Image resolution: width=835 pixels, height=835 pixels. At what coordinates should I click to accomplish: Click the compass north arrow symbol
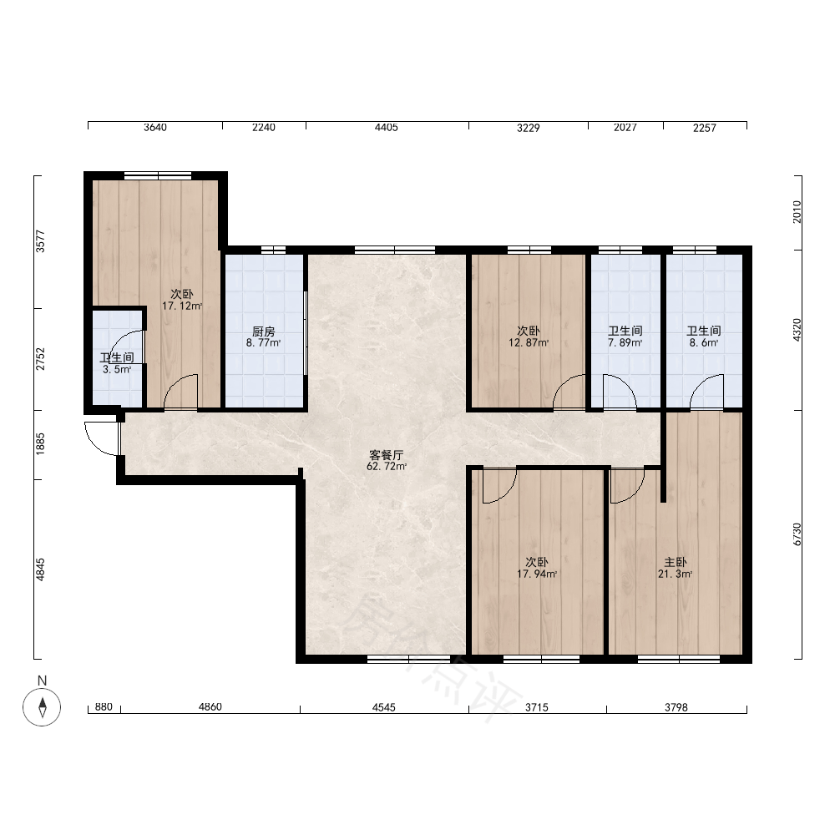pos(42,707)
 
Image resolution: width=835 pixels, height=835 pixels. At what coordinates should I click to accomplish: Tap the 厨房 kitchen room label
pos(264,331)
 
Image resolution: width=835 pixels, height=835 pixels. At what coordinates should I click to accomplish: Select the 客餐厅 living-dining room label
pos(387,455)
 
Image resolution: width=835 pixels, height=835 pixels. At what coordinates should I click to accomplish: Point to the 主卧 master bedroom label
pos(676,562)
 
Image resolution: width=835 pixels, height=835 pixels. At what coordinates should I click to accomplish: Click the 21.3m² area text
pos(676,574)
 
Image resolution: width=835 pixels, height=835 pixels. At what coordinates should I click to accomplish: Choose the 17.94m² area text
pos(537,574)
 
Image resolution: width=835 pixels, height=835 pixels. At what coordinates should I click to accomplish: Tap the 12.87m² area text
pos(529,343)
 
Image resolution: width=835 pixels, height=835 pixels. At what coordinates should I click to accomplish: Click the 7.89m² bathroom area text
pos(625,343)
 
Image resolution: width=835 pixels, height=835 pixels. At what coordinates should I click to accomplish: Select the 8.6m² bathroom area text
pos(704,343)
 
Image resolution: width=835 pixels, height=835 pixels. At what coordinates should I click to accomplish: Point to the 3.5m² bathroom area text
pos(117,370)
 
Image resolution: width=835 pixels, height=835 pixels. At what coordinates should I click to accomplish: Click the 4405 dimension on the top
pos(386,127)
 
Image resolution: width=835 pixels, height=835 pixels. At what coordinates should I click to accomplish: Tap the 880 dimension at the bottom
pos(104,706)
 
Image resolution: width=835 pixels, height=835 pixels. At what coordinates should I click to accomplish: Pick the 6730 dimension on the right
pos(797,534)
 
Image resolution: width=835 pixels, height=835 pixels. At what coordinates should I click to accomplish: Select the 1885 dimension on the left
pos(40,444)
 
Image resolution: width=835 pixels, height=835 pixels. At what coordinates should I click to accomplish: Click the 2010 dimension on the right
pos(797,212)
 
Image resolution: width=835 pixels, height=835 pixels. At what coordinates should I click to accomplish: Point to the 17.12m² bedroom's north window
pos(158,175)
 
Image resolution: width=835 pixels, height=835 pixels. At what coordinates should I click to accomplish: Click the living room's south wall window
pos(409,660)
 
